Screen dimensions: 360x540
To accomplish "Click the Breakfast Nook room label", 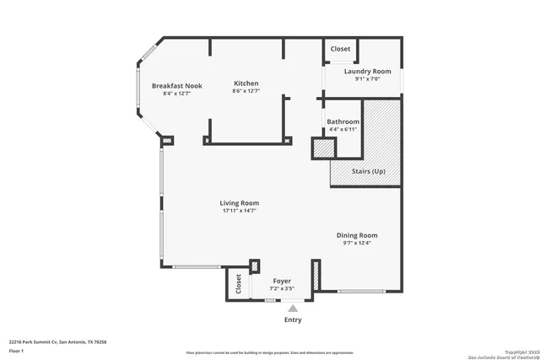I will click(x=176, y=85).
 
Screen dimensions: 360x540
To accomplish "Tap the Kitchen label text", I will click(x=246, y=83).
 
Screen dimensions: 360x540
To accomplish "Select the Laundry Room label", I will click(x=367, y=72).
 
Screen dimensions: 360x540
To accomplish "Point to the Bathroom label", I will click(x=343, y=121).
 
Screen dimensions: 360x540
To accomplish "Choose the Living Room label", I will click(x=239, y=202).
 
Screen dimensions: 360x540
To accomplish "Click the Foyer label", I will click(x=281, y=281).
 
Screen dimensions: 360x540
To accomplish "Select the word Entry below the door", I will click(x=293, y=320).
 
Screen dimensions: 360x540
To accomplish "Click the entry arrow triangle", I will click(x=293, y=309).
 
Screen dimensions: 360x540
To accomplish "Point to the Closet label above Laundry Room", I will click(x=340, y=49).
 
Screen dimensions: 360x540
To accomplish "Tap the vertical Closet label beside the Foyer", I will click(x=238, y=284).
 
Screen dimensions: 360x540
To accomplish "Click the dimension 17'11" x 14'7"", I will click(x=239, y=211).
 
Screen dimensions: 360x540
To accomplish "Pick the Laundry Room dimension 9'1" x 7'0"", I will click(x=367, y=79).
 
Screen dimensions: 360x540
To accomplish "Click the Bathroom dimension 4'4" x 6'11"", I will click(x=343, y=129).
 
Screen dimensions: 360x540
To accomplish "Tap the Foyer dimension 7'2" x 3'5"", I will click(x=281, y=288).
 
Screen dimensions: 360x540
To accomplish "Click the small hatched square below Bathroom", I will click(x=323, y=148).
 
